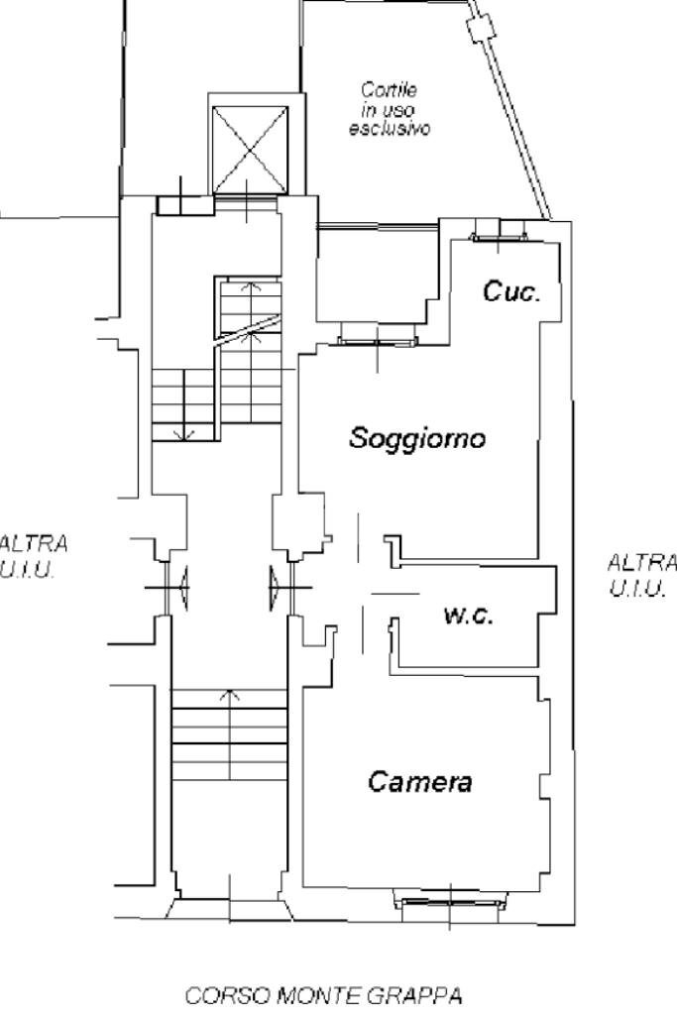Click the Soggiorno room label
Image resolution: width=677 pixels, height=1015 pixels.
[417, 437]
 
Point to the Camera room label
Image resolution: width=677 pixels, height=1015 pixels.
[419, 781]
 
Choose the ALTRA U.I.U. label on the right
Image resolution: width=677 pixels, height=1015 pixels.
[642, 575]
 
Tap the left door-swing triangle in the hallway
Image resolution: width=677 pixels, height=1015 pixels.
[185, 587]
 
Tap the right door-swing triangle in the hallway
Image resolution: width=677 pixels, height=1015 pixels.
[273, 587]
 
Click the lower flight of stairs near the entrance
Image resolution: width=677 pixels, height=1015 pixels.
[229, 733]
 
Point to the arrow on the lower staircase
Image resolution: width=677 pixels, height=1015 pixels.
[231, 696]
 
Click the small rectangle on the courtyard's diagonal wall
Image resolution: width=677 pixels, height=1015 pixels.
[482, 30]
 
